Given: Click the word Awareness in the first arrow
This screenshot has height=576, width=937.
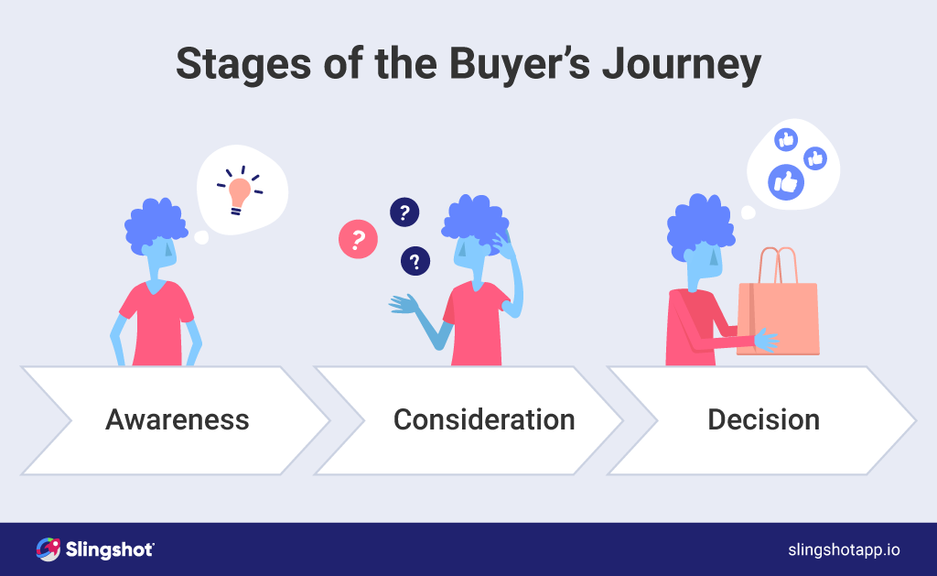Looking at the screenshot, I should (177, 419).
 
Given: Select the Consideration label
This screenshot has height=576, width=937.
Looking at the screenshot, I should (484, 419).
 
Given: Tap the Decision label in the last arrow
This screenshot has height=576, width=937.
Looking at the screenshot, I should (763, 419).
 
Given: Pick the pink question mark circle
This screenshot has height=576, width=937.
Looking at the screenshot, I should (358, 240).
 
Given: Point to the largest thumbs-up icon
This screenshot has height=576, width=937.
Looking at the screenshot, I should (785, 181).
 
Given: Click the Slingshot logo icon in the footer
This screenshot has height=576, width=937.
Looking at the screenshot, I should (48, 549).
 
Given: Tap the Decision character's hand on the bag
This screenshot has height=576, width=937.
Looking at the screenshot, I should (765, 341).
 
